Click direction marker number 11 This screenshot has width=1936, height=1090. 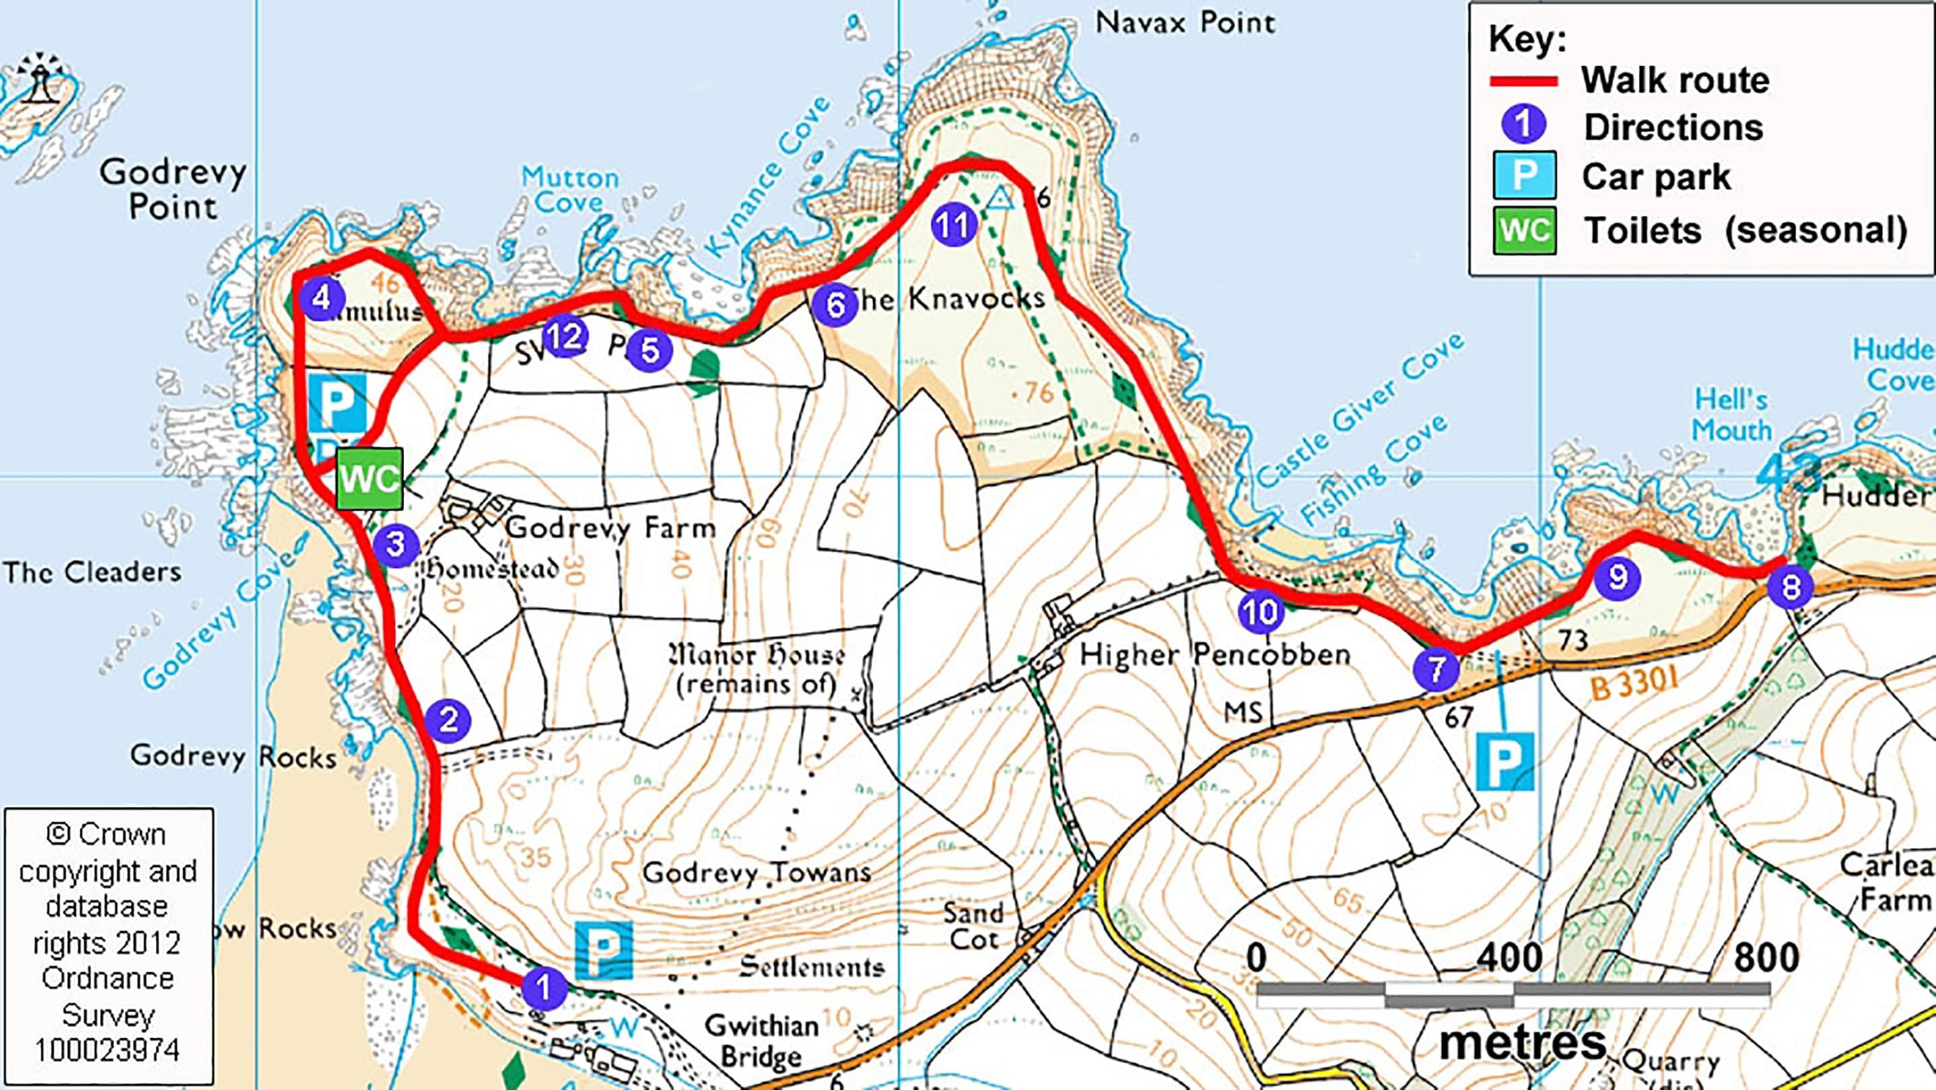point(954,225)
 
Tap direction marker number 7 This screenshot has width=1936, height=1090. point(1435,668)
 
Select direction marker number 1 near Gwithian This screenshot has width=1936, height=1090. point(543,988)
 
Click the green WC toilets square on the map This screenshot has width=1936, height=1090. point(369,479)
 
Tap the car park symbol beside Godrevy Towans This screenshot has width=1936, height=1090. point(604,951)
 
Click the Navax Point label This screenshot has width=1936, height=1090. point(1185,23)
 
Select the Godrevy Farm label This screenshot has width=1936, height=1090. point(611,528)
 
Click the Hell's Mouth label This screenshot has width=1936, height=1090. point(1732,415)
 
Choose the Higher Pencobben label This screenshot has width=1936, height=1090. point(1215,655)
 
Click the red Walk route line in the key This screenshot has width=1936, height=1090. point(1523,81)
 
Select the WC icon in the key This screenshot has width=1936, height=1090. point(1524,230)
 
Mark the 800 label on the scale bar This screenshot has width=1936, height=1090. point(1766,958)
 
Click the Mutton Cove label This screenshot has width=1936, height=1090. point(571,190)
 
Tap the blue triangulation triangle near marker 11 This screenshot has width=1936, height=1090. point(1000,198)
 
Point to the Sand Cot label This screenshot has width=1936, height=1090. point(973,926)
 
